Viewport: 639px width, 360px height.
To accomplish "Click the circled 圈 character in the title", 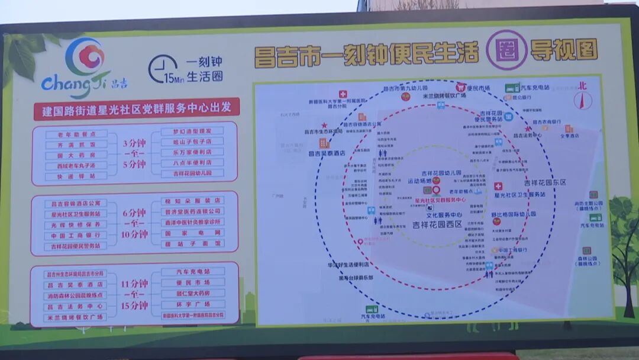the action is pos(506,50).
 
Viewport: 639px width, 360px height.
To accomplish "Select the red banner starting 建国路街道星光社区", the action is pos(136,109).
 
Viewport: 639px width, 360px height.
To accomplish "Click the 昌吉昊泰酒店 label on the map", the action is pos(327,153).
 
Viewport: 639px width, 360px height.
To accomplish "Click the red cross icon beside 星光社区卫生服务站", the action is pos(498,186).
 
